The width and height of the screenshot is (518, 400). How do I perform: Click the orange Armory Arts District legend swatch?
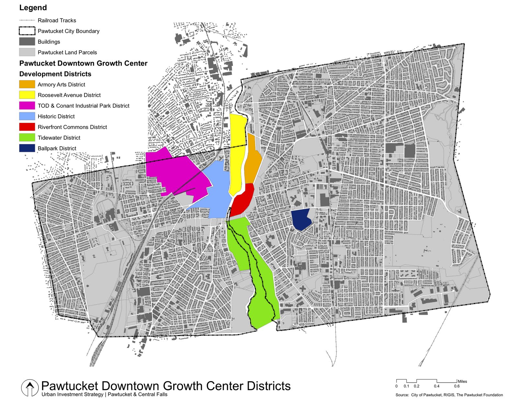tap(27, 84)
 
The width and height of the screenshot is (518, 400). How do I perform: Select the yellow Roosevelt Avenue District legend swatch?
tap(27, 95)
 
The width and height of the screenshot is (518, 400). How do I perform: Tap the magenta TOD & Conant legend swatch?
tap(27, 106)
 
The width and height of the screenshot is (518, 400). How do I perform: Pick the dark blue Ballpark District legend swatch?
tap(27, 148)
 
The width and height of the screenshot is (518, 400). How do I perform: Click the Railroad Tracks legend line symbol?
tap(27, 20)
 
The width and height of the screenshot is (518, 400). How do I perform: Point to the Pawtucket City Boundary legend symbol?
tap(27, 31)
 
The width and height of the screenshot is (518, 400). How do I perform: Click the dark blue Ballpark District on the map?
tap(301, 219)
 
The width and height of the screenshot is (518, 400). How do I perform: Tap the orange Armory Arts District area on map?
tap(252, 162)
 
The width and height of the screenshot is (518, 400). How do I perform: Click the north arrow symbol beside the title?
tap(30, 387)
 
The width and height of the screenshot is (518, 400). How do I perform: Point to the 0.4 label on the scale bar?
tap(436, 386)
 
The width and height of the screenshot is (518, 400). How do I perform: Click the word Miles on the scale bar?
tap(462, 382)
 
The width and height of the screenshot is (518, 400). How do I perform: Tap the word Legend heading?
tap(33, 8)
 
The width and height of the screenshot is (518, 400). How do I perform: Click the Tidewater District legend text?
tap(59, 138)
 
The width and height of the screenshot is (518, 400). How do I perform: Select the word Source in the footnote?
tap(402, 395)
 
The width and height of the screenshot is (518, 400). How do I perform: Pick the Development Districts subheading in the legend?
tap(55, 74)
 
